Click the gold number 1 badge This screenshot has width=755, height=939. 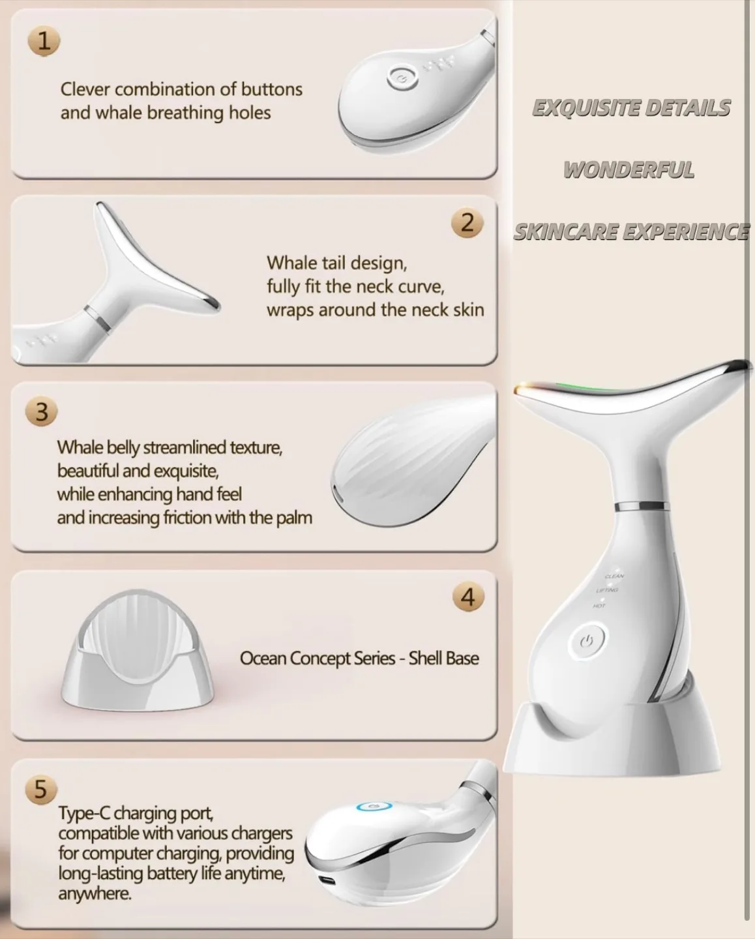point(43,41)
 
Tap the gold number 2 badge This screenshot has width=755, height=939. point(467,223)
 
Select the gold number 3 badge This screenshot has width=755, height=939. point(41,413)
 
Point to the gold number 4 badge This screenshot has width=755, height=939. point(467,597)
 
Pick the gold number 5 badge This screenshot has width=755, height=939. point(40,788)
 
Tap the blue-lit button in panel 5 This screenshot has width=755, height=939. point(374,807)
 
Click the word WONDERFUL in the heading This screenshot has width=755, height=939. point(629,170)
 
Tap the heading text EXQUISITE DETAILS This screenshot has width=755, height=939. point(631,108)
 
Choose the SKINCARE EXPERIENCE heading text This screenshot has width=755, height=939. point(631,232)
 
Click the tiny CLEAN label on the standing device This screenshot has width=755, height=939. point(614,576)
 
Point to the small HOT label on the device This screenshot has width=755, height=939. point(599,606)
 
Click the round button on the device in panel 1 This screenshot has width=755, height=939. point(399,79)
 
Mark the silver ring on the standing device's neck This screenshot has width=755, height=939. point(641,505)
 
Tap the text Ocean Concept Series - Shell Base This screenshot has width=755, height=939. point(359,659)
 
